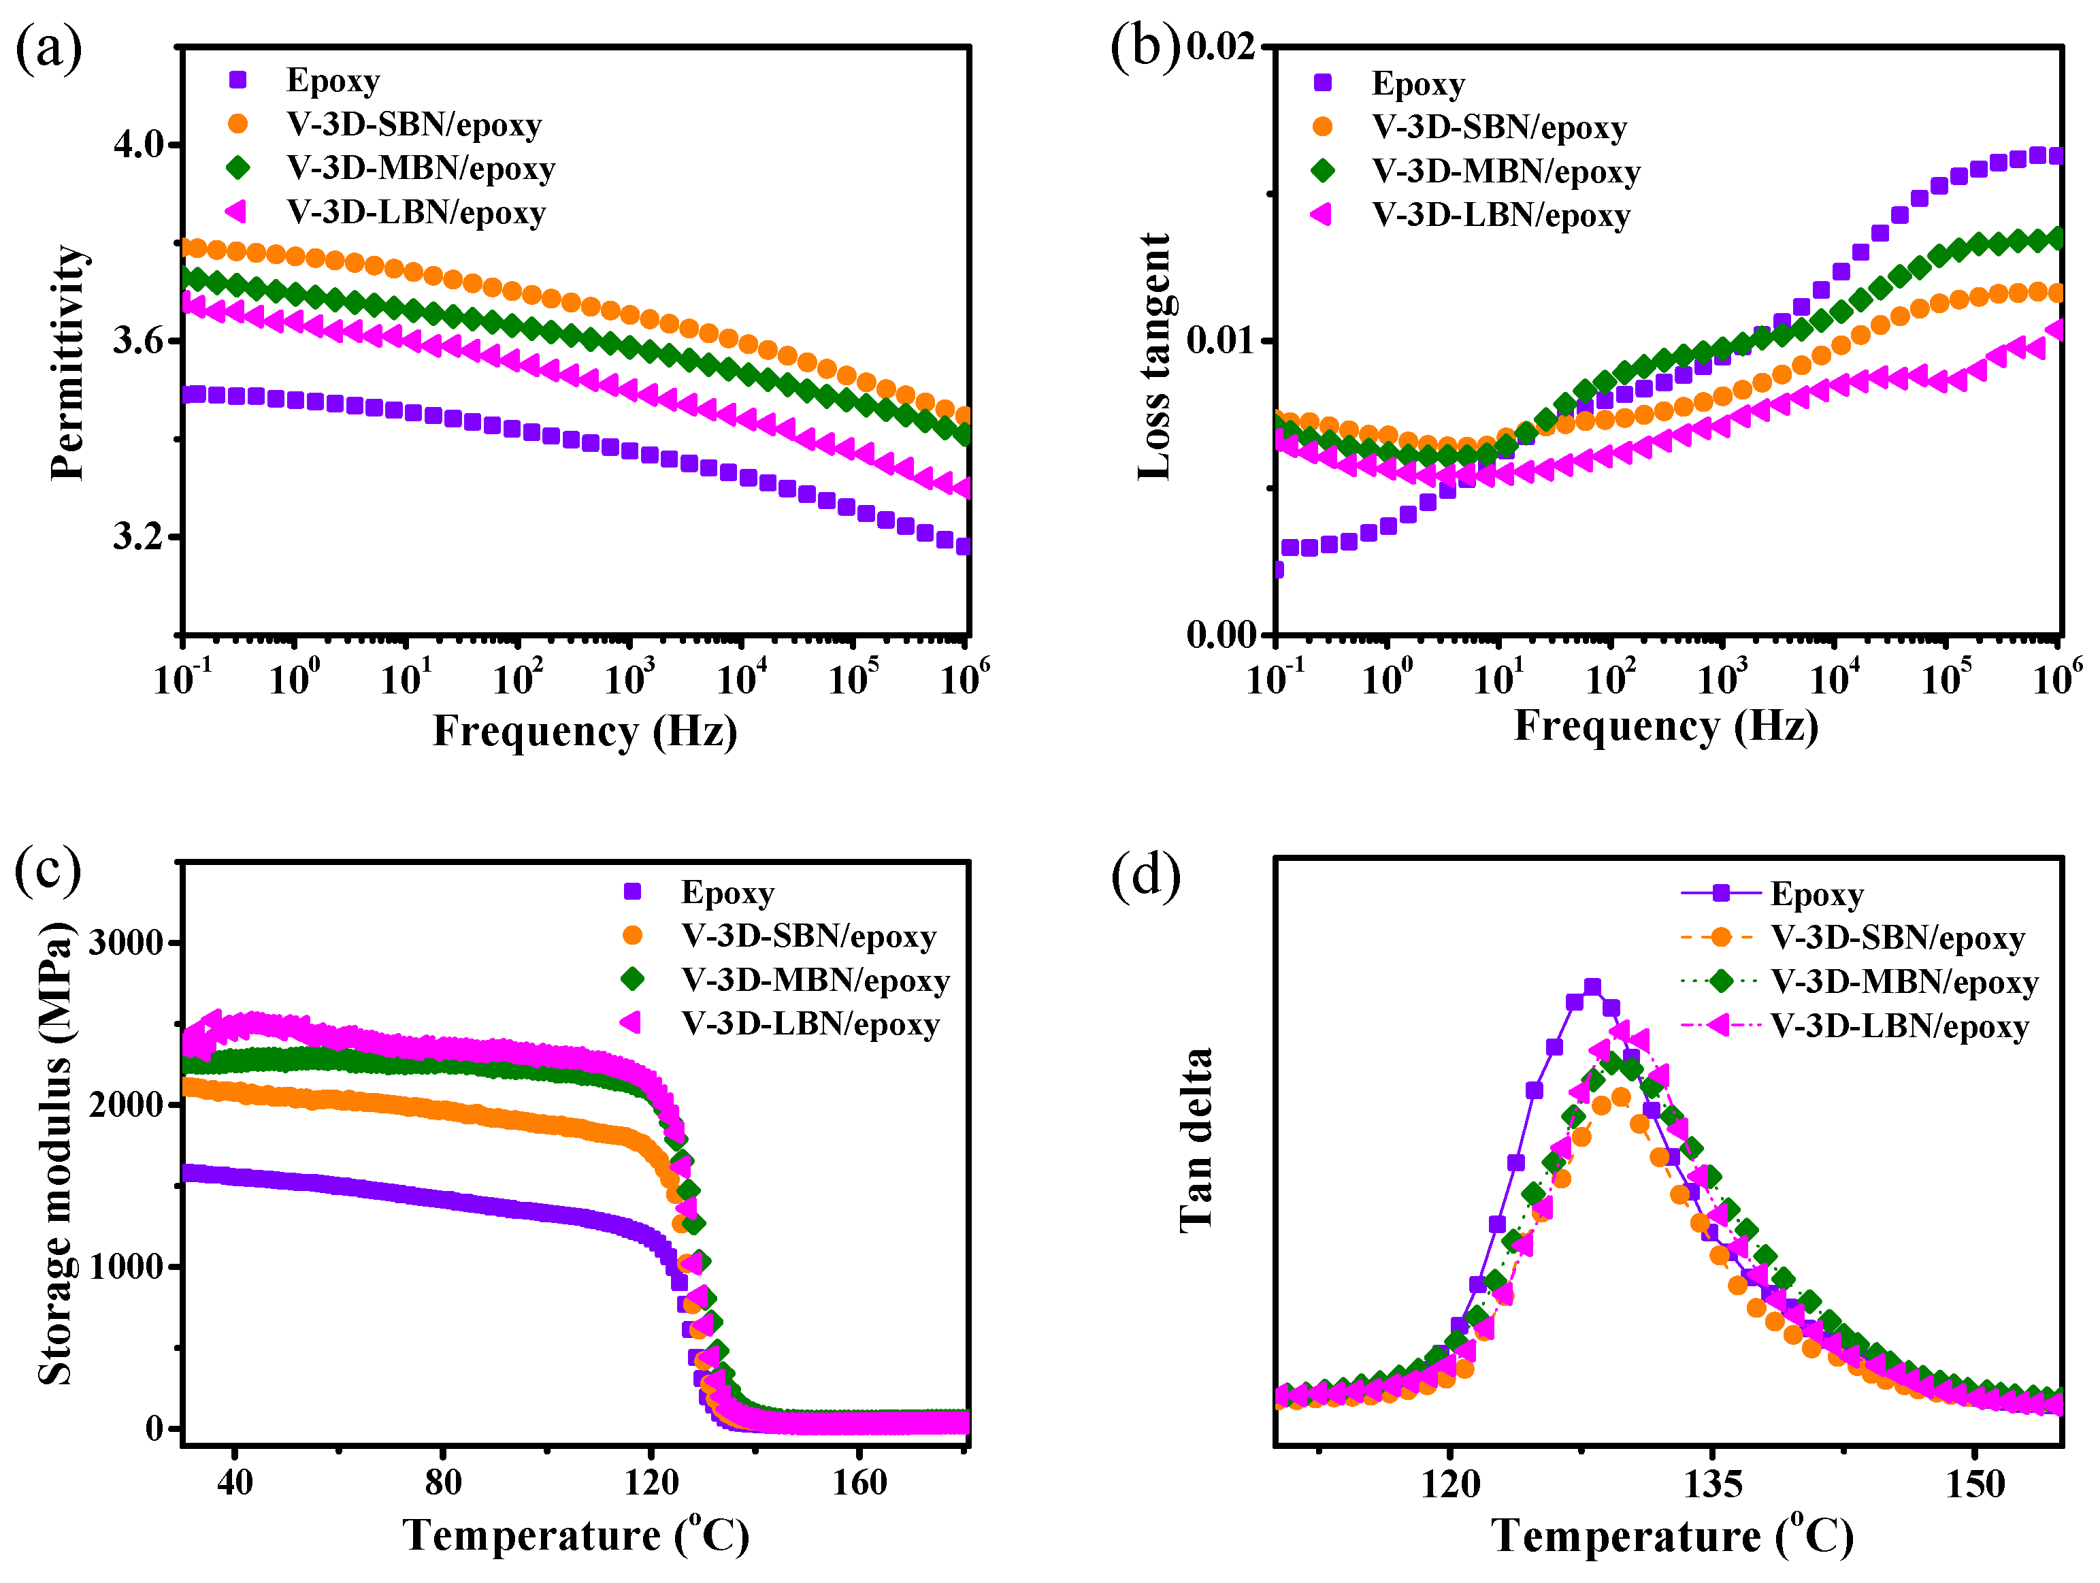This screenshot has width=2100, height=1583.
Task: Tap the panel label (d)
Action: [x=1145, y=875]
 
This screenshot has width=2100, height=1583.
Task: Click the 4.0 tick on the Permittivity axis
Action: [x=139, y=145]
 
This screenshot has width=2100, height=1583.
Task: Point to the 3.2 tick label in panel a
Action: [x=139, y=536]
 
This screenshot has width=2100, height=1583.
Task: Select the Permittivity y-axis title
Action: [x=68, y=363]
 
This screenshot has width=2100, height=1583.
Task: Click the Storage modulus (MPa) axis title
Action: [x=55, y=1154]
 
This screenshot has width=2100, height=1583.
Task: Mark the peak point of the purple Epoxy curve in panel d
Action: [x=1592, y=988]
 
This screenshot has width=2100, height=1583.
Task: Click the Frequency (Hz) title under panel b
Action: [x=1665, y=726]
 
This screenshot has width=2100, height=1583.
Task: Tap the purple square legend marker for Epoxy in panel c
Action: [x=632, y=891]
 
